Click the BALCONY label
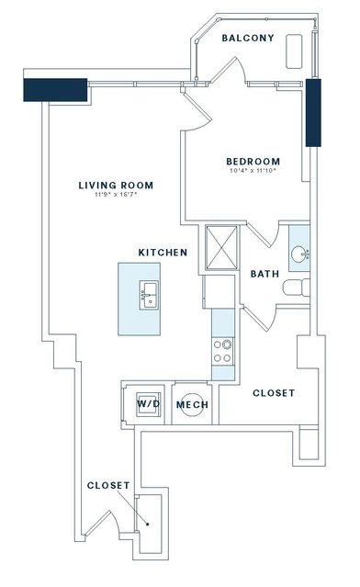248,38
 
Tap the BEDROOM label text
253,162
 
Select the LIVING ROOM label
116,186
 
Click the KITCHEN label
163,253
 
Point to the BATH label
264,274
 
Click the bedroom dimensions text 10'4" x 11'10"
253,171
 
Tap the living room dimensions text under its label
116,195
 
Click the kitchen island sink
149,296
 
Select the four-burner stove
222,351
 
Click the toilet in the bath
297,288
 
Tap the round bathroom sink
299,254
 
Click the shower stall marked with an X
221,247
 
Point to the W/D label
149,404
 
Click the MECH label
192,405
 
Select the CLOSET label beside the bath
274,393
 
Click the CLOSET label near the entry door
108,486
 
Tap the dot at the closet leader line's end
148,525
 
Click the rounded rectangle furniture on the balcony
294,51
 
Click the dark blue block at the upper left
55,90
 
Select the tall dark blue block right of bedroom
313,113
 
